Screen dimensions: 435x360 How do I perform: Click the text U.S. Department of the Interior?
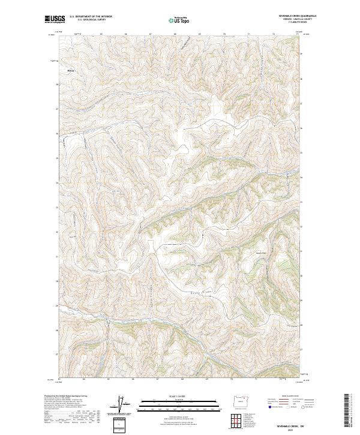pos(91,17)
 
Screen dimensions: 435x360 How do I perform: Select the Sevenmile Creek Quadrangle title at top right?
pos(298,17)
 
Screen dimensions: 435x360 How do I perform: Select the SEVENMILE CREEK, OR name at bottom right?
pos(290,423)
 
